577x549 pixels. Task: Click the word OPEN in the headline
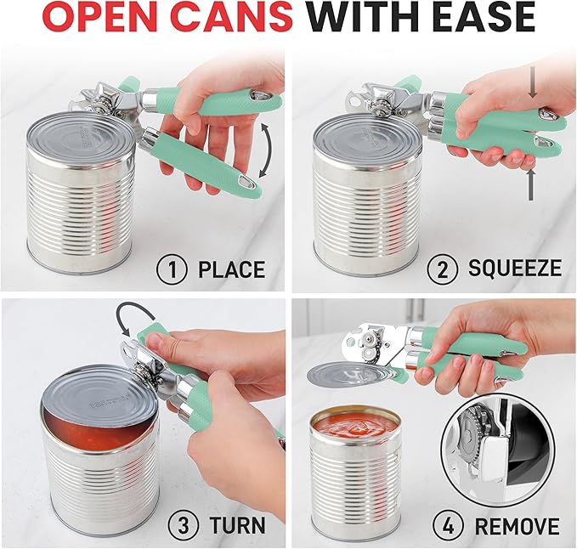(x=99, y=19)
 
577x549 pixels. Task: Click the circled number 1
(x=173, y=269)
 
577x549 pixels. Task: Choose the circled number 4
(x=444, y=524)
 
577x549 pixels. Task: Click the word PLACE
(x=231, y=270)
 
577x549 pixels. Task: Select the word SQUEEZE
(x=515, y=269)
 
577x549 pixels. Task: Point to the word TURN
(x=233, y=524)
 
